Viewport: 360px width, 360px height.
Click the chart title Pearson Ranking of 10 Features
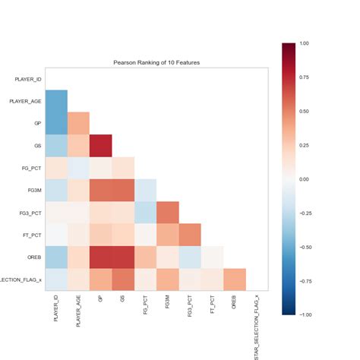[156, 61]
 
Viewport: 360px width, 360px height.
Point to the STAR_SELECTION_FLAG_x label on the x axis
[256, 327]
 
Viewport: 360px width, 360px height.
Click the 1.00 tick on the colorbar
[304, 43]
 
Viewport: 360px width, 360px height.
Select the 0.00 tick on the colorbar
[304, 178]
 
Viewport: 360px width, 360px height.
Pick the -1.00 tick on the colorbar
[303, 314]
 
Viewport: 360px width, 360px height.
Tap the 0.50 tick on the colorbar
[304, 111]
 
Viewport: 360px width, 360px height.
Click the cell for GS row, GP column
[100, 145]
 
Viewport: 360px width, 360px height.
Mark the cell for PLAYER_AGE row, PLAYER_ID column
[56, 100]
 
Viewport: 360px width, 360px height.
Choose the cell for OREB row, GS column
[123, 257]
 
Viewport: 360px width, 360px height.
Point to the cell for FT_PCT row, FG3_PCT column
[189, 235]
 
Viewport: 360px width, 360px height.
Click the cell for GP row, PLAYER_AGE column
[78, 122]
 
